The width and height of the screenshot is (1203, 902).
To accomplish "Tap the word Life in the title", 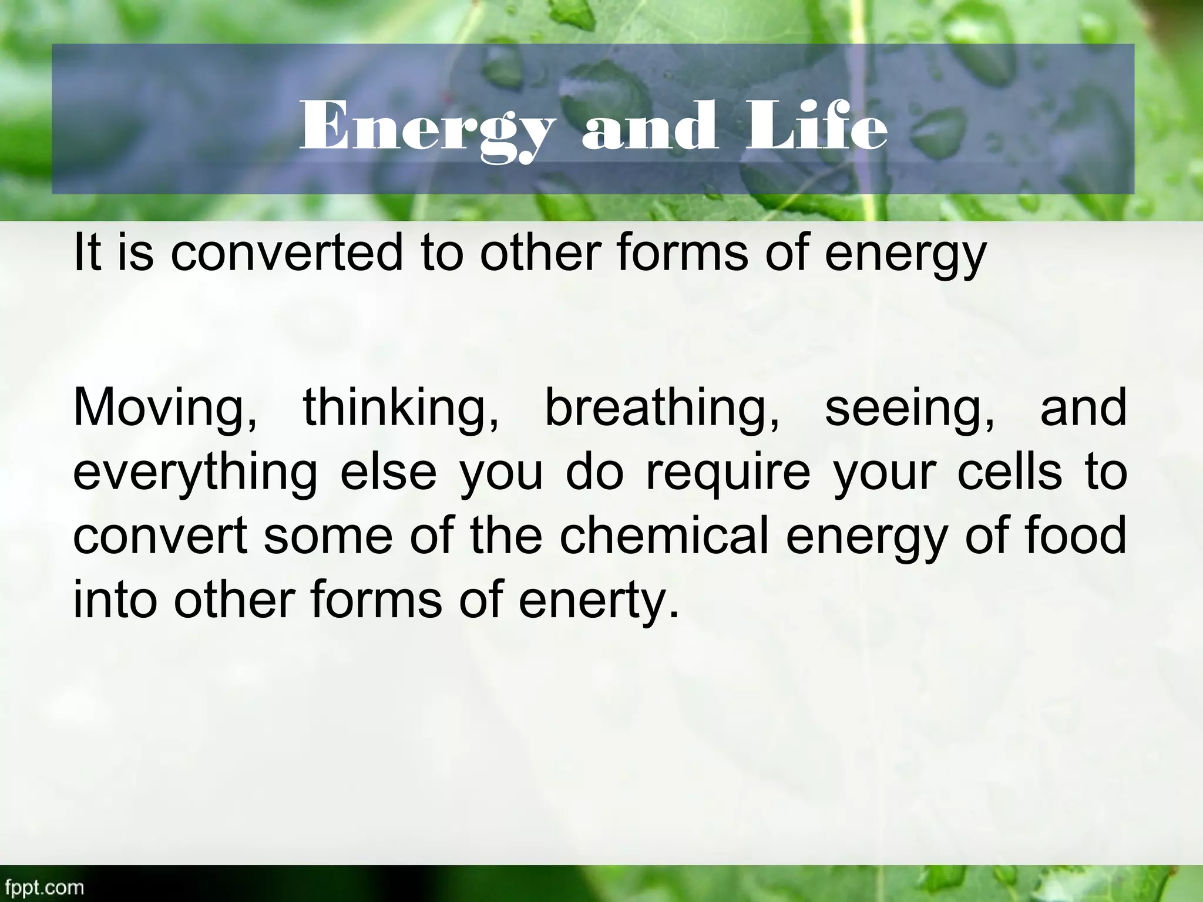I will tap(816, 126).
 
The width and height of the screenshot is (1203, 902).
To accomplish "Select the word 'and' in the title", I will tap(649, 126).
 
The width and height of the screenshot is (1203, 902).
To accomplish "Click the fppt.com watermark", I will tap(42, 887).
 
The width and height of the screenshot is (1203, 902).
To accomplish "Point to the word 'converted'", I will tap(287, 253).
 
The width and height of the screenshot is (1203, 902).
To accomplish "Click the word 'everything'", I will tap(194, 474).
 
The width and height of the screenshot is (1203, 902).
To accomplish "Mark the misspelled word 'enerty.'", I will tap(599, 602).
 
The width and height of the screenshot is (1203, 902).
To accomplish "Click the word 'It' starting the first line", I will tap(88, 252).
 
